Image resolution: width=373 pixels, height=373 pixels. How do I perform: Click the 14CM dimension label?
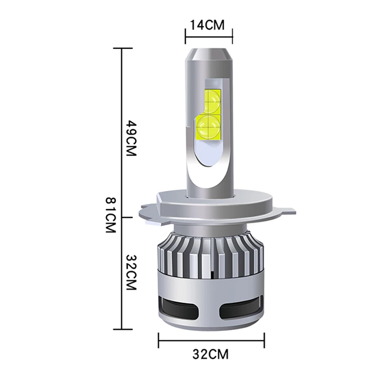[x=207, y=25]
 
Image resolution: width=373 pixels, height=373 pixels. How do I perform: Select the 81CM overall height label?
[x=111, y=215]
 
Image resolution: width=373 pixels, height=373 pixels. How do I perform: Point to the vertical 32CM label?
[x=131, y=273]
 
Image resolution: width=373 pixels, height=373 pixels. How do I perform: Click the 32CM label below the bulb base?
[x=210, y=354]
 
